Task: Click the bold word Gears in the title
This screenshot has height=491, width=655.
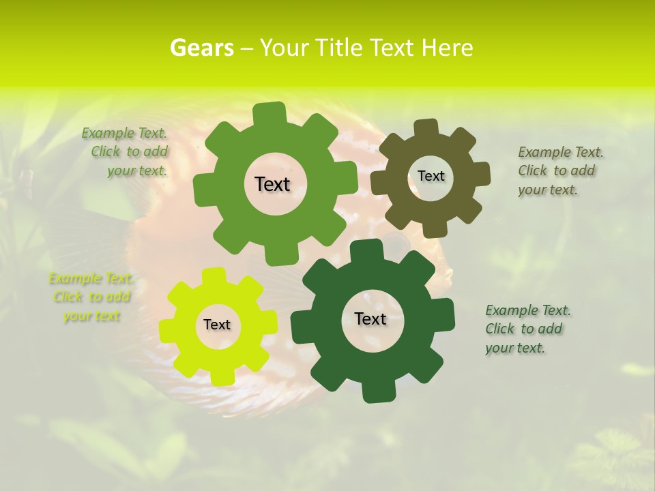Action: click(x=202, y=48)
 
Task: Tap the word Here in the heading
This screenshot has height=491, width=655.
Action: click(x=447, y=48)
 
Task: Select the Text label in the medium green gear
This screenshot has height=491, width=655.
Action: click(x=272, y=184)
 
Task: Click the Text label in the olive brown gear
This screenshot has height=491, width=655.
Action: click(x=431, y=176)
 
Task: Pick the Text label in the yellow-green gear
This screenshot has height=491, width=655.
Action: click(x=217, y=325)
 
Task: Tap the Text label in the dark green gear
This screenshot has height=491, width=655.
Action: click(x=370, y=318)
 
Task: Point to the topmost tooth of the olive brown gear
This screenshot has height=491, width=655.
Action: click(x=426, y=128)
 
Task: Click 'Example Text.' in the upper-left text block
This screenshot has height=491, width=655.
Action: click(x=124, y=133)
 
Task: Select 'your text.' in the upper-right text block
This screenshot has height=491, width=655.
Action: click(x=547, y=190)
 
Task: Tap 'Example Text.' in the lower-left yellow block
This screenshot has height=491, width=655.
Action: click(x=91, y=278)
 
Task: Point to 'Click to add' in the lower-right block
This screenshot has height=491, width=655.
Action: click(x=523, y=329)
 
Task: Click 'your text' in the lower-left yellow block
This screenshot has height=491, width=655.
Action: click(x=91, y=316)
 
